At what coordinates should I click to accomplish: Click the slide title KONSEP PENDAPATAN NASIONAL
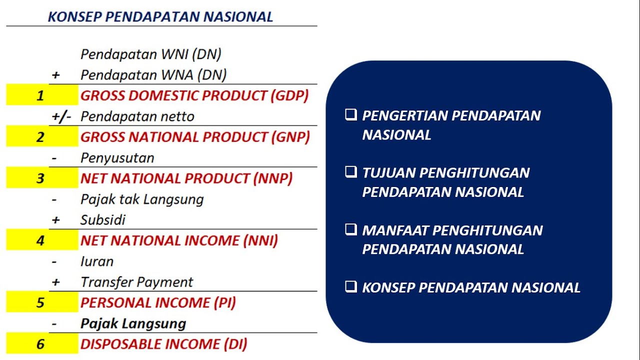click(x=160, y=16)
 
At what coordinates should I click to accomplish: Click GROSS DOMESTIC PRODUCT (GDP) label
click(x=194, y=95)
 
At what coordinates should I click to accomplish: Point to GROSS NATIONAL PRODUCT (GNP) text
click(x=195, y=137)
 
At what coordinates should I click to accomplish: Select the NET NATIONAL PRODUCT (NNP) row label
click(x=186, y=178)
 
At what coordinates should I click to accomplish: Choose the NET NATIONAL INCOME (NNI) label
click(x=179, y=240)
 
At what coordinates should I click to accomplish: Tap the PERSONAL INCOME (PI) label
click(x=158, y=302)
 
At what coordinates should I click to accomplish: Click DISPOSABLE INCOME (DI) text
click(x=164, y=344)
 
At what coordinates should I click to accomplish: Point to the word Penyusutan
click(x=117, y=158)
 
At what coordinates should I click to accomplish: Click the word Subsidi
click(x=103, y=220)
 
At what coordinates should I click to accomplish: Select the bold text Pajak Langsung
click(x=133, y=323)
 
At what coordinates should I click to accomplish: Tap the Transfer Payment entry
click(x=136, y=282)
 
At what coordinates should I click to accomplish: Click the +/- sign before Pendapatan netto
click(x=61, y=116)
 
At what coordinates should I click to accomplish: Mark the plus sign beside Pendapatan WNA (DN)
click(x=55, y=75)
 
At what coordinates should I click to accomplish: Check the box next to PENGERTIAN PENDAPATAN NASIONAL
click(x=351, y=115)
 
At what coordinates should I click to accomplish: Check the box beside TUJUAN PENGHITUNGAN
click(x=351, y=172)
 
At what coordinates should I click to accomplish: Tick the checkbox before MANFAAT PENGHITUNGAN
click(x=351, y=230)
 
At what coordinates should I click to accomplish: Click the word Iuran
click(x=97, y=261)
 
